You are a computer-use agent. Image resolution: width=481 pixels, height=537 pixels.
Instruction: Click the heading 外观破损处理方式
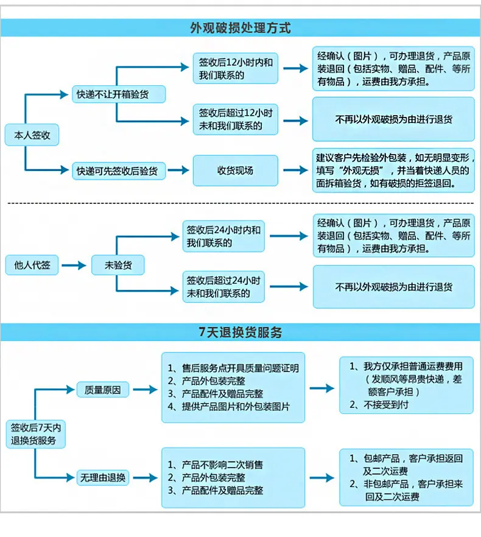[x=240, y=28]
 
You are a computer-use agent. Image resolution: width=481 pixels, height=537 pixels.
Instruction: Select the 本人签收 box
[x=32, y=135]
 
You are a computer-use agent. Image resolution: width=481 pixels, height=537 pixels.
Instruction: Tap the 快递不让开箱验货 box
[x=119, y=94]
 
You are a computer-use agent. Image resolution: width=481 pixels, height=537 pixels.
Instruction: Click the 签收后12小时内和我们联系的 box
[x=236, y=68]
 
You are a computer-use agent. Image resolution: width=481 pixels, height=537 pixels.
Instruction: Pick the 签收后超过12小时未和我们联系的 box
[x=236, y=119]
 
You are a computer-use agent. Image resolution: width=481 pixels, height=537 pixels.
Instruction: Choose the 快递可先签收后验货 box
[x=119, y=171]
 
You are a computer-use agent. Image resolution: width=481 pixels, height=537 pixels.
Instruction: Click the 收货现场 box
[x=236, y=170]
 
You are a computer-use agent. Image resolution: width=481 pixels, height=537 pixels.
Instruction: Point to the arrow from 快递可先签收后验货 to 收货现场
[x=178, y=170]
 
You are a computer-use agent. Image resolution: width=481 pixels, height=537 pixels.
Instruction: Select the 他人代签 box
[x=32, y=265]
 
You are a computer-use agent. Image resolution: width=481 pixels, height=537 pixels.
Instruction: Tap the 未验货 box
[x=118, y=265]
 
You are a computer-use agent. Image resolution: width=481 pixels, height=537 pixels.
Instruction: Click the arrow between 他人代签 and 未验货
[x=74, y=265]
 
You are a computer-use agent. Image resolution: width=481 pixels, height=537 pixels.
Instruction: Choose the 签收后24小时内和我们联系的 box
[x=223, y=236]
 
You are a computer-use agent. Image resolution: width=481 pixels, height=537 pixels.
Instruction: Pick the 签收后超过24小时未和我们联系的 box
[x=223, y=287]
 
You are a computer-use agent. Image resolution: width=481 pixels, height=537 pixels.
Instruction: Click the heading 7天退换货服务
[x=240, y=332]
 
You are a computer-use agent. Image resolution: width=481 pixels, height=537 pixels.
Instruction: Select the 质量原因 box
[x=102, y=390]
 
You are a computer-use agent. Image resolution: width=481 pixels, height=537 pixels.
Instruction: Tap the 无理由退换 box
[x=102, y=477]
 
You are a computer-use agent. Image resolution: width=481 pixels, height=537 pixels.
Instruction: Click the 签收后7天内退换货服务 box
[x=36, y=434]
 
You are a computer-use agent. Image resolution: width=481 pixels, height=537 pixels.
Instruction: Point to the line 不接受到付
[x=379, y=405]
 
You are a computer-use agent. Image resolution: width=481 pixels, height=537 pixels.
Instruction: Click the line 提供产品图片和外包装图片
[x=228, y=407]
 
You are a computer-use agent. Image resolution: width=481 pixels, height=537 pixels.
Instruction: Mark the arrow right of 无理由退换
[x=146, y=477]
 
